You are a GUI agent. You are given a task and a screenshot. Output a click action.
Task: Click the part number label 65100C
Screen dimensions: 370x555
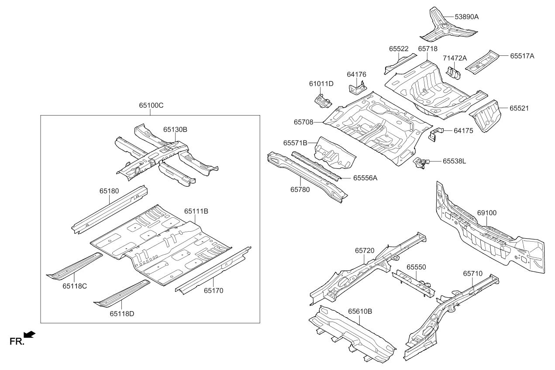click(152, 106)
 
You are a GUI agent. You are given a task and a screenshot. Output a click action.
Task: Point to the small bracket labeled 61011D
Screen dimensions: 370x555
click(324, 101)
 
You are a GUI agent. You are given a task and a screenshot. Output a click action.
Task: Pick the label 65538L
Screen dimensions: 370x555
click(454, 161)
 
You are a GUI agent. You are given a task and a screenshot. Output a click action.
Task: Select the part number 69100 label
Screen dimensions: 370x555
click(487, 213)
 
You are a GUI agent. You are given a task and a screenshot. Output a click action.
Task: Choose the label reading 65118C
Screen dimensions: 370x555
click(74, 286)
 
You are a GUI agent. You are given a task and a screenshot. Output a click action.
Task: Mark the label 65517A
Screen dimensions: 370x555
click(522, 56)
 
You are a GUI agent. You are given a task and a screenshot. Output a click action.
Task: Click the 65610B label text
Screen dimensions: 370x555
click(360, 312)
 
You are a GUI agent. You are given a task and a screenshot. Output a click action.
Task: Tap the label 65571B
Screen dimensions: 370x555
click(295, 143)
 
